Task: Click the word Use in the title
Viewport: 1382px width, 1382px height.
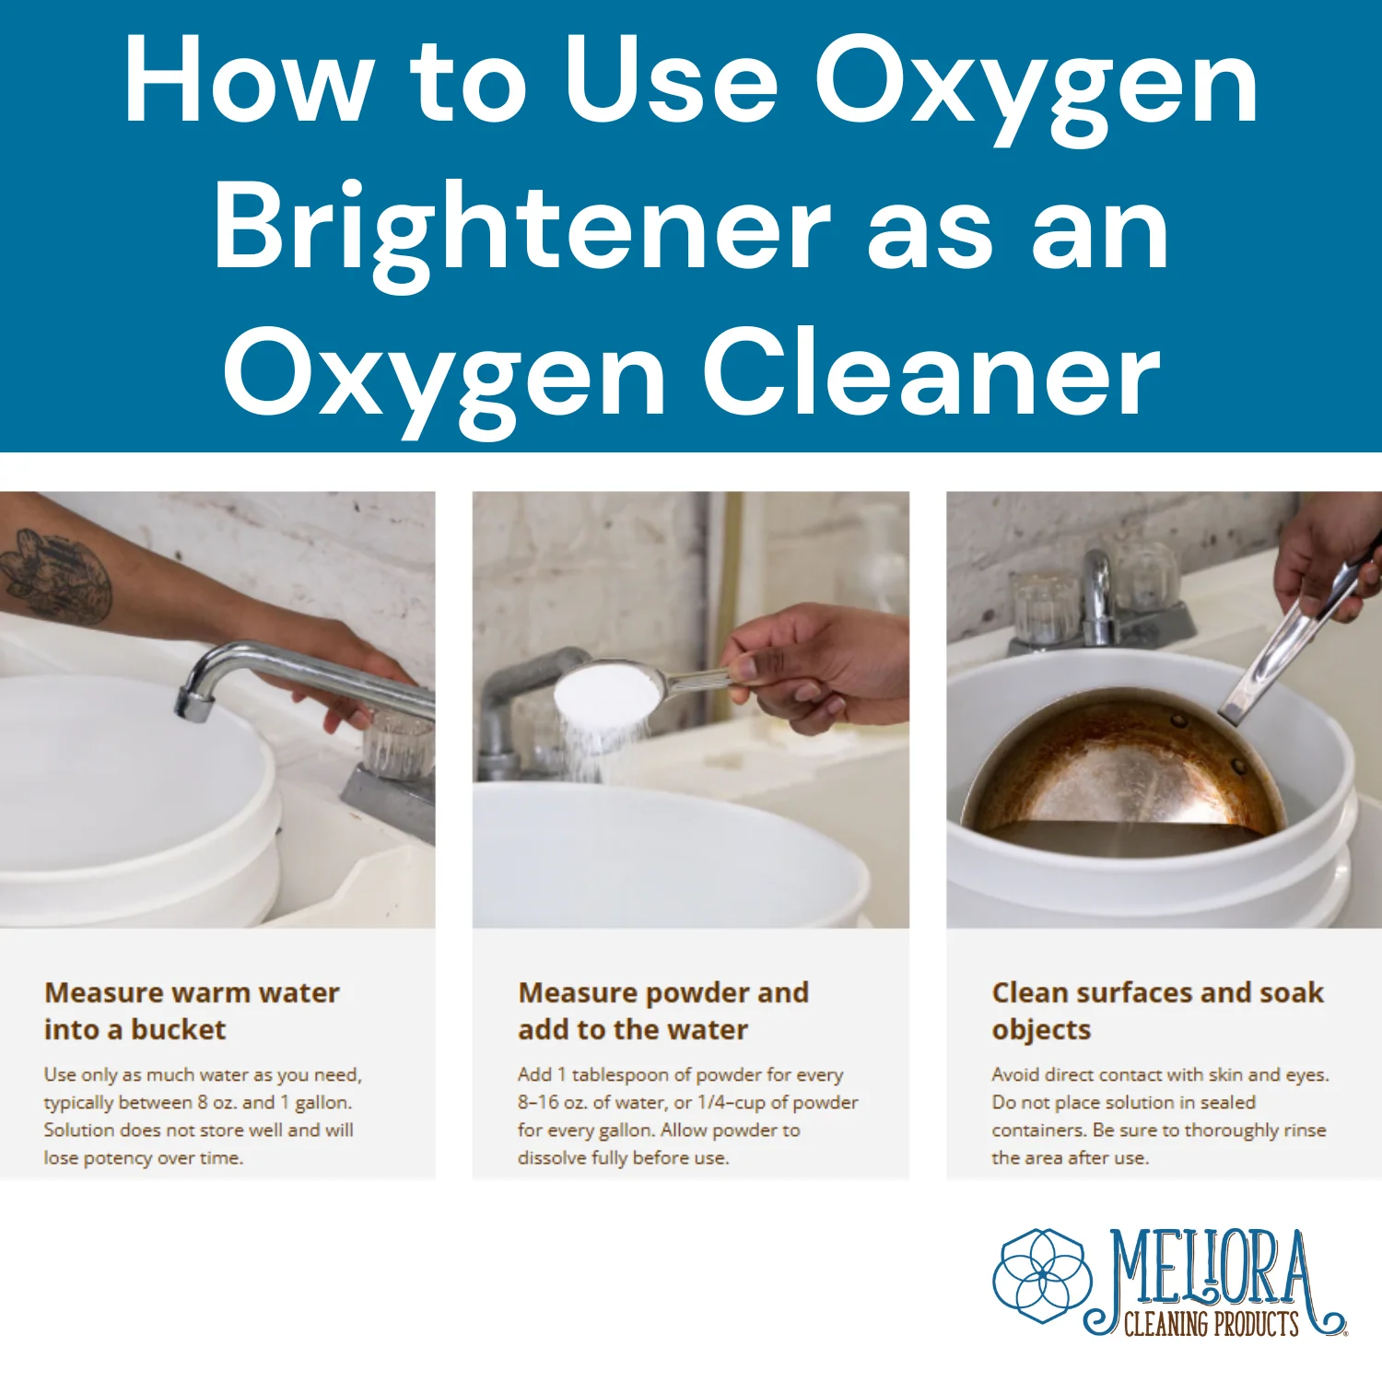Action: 672,81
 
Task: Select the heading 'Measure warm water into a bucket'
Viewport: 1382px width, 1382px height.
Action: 192,1011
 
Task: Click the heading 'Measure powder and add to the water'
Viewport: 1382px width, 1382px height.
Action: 663,1011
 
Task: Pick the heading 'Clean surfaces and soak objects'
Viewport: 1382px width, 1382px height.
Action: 1157,1011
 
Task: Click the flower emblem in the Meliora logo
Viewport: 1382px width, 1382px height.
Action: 1043,1276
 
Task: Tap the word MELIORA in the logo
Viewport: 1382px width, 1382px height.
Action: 1212,1270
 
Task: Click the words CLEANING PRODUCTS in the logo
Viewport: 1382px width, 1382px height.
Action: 1212,1324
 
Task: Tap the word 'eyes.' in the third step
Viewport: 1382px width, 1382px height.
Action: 1307,1075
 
